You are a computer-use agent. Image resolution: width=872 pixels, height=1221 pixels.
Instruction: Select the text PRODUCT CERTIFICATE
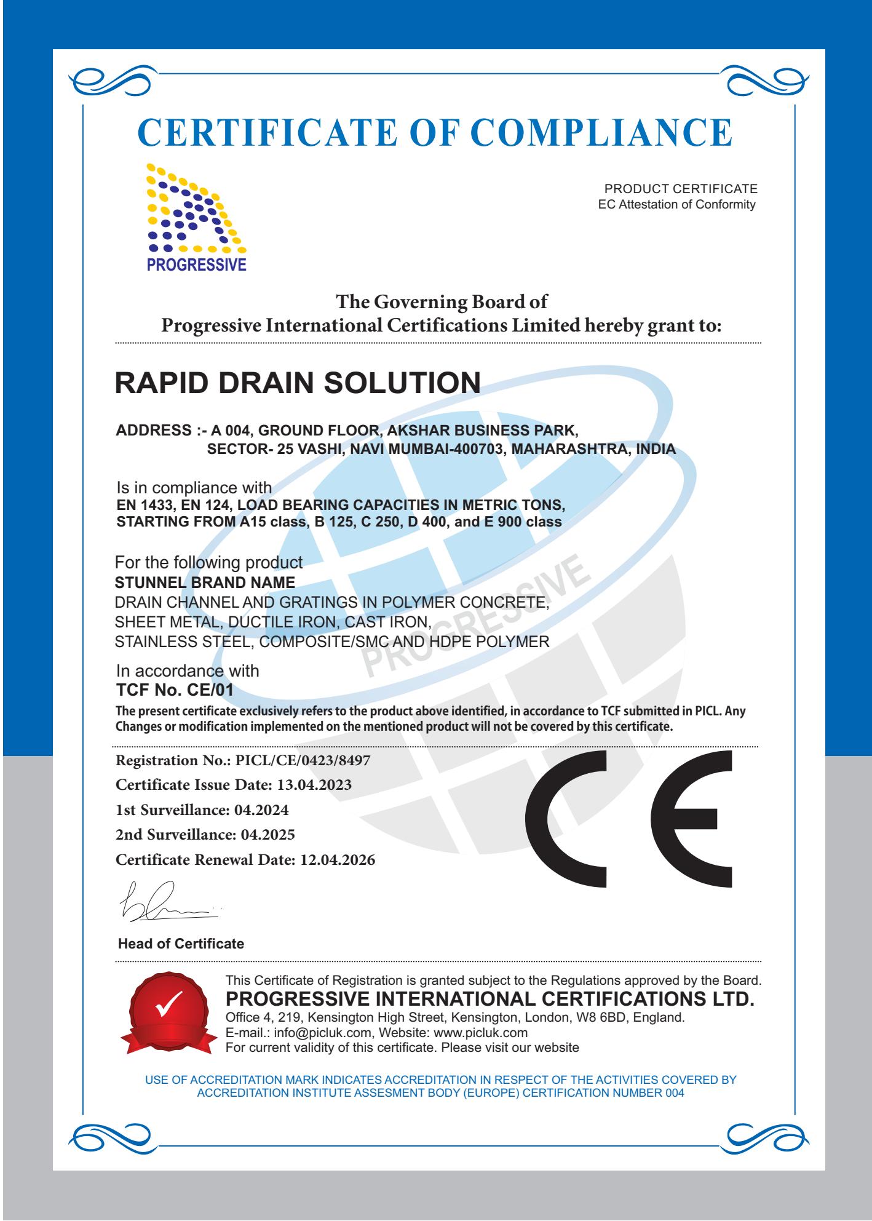point(681,189)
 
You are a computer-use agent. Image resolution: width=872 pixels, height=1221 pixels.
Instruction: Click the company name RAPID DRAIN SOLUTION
point(298,382)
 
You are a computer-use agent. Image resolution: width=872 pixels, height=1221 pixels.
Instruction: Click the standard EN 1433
point(142,505)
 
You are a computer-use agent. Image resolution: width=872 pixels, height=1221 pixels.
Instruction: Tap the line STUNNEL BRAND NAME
point(205,582)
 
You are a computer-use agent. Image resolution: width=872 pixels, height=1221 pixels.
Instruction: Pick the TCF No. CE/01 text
point(175,690)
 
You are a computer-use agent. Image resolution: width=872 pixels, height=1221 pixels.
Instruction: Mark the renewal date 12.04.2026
point(337,860)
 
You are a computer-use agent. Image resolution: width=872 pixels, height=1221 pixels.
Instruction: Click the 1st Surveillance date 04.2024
point(261,810)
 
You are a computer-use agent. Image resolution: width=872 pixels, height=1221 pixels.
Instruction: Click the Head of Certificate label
point(181,944)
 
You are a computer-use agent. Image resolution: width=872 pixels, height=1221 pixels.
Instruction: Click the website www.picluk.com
point(485,1032)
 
